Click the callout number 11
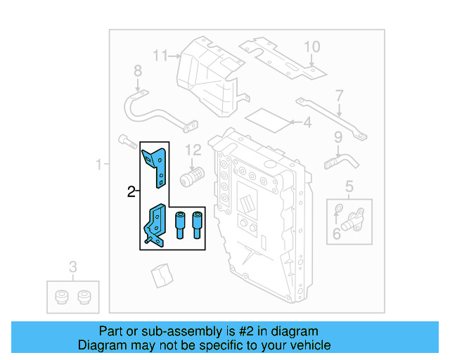click(161, 56)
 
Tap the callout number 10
click(311, 47)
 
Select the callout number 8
click(137, 70)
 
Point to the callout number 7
click(339, 95)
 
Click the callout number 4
click(307, 124)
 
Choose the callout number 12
click(193, 149)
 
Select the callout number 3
click(72, 266)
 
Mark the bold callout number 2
click(131, 191)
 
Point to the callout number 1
click(99, 165)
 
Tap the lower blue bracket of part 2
click(156, 226)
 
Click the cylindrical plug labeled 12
click(191, 175)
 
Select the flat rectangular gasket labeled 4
click(271, 120)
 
